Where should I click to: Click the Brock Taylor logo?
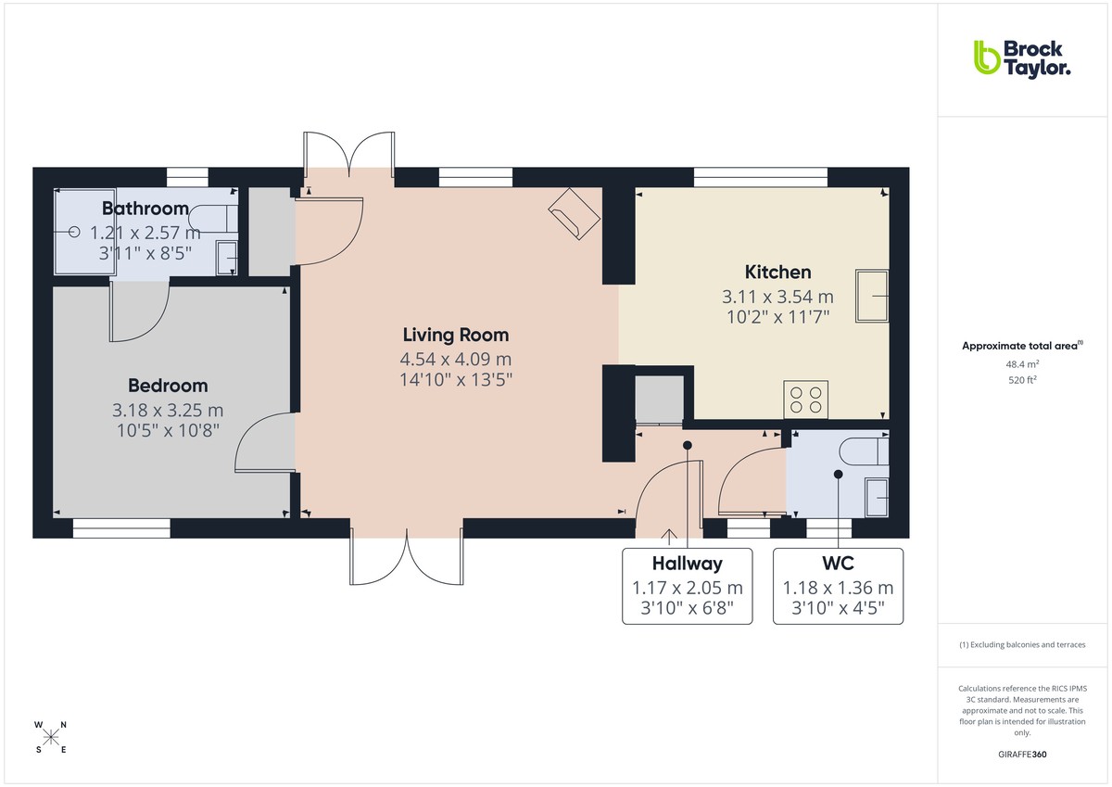pos(1021,57)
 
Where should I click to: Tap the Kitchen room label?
pos(777,272)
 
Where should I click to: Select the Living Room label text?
pos(455,335)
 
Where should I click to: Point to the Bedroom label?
pos(168,386)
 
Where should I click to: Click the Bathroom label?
pos(145,208)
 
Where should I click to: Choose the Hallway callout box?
pos(687,586)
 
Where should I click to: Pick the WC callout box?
pos(838,586)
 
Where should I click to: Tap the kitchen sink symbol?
pos(872,297)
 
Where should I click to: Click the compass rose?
pos(51,737)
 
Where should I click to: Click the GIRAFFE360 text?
pos(1021,755)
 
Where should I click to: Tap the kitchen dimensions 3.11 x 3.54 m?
pos(777,297)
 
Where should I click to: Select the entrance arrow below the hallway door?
pos(669,534)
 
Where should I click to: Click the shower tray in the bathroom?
pos(83,232)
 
